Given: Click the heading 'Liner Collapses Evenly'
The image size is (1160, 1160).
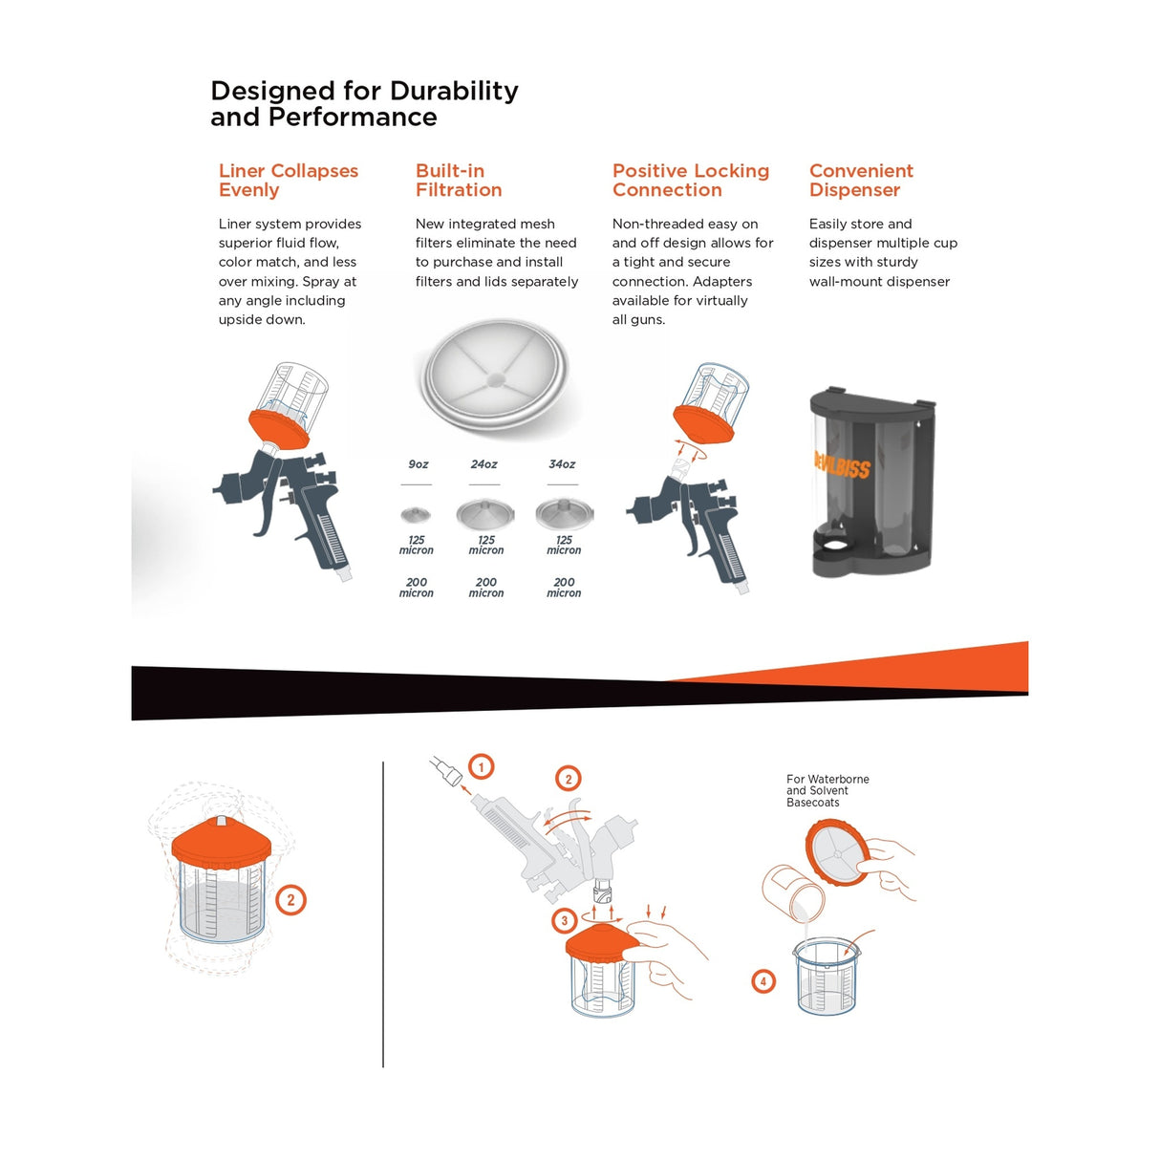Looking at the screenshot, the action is coord(289,180).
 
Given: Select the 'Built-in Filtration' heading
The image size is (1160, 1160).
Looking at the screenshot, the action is coord(459,180).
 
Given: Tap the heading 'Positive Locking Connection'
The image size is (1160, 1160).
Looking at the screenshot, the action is coord(691,180).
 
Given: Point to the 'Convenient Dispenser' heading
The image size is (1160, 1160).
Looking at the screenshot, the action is coord(861,180).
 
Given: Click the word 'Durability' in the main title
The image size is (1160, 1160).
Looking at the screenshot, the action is coord(454,91).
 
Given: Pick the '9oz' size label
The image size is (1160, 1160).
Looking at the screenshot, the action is coord(418,464).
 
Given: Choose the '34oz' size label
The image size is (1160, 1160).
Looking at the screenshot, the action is coord(562,464).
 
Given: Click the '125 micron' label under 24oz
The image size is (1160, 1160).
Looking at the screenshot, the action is coord(485,545).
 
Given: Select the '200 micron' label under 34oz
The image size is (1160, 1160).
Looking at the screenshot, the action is coord(564,588).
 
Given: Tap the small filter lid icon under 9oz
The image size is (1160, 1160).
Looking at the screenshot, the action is coord(416,515).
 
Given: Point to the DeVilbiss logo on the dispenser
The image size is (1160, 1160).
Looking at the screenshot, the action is coord(842,464).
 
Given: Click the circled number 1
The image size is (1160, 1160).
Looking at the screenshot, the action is coord(481,767).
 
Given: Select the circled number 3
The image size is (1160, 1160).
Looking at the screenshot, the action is coord(564,920).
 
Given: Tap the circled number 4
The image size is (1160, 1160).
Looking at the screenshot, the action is coord(763,982).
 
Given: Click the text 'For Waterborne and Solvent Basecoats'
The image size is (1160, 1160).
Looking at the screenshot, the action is coord(827,790).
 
